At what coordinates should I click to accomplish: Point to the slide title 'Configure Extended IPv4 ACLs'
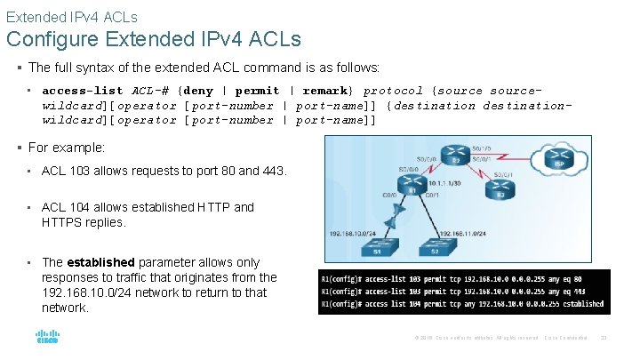pyautogui.click(x=154, y=40)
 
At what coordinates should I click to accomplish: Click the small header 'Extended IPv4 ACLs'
pyautogui.click(x=72, y=16)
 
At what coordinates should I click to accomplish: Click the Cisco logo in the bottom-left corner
pyautogui.click(x=47, y=338)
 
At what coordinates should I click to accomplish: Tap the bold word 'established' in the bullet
pyautogui.click(x=101, y=262)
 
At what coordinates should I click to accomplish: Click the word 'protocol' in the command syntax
pyautogui.click(x=394, y=91)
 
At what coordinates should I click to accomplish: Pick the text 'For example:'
pyautogui.click(x=67, y=148)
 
